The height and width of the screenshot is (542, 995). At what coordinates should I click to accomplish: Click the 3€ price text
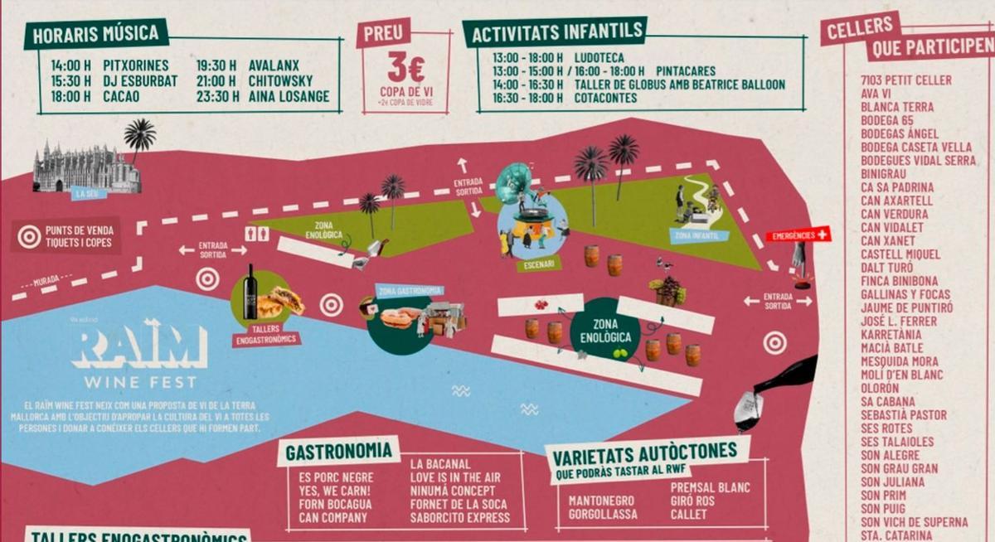406,67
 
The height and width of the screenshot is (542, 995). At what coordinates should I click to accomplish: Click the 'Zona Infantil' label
699,236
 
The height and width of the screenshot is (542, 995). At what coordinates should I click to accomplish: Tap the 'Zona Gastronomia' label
410,291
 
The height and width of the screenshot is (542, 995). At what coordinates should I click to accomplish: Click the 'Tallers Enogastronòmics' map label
266,339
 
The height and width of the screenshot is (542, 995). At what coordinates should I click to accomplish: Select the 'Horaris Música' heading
96,34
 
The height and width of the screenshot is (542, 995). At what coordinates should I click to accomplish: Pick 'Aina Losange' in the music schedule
289,97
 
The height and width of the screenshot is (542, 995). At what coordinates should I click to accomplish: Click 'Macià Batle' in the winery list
891,348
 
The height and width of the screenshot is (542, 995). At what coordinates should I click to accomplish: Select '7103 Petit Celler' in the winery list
906,80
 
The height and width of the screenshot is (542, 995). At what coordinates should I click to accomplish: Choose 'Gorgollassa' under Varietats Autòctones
603,515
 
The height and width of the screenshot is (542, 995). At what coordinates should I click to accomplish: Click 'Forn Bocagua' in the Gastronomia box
335,504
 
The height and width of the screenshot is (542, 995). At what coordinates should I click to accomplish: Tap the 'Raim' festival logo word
138,346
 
